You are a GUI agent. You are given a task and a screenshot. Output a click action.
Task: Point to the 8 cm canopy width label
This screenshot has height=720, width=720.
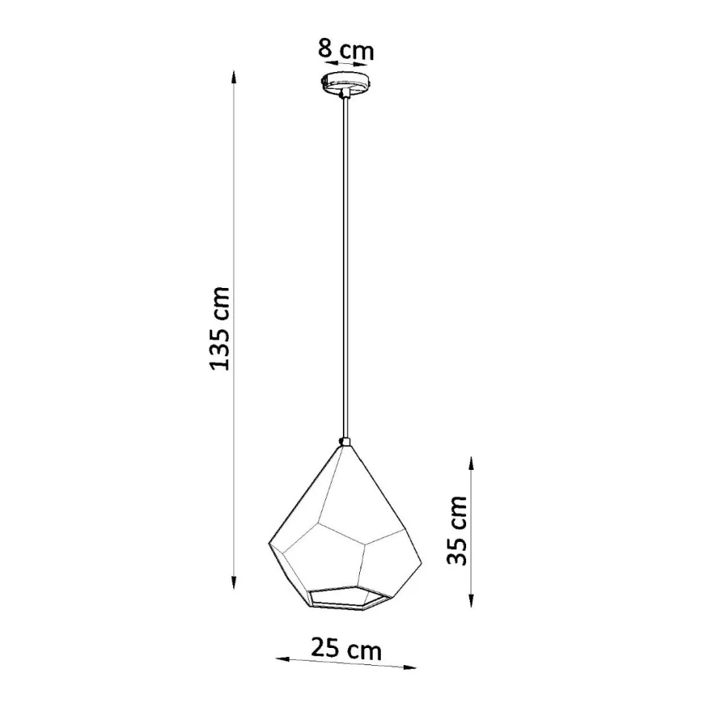[x=345, y=50]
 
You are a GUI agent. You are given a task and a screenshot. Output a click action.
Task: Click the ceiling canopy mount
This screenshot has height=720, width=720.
[x=344, y=82]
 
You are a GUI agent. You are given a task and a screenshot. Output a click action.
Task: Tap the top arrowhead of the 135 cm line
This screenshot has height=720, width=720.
[x=235, y=76]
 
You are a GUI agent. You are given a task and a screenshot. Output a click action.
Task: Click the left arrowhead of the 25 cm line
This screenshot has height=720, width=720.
[x=281, y=658]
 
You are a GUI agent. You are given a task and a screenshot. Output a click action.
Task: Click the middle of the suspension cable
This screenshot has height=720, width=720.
[x=344, y=267]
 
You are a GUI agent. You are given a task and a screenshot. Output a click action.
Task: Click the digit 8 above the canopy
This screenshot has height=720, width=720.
[x=325, y=50]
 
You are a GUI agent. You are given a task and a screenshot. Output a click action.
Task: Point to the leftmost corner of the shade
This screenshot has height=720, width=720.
[x=267, y=546]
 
